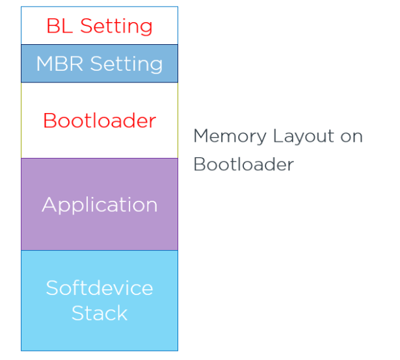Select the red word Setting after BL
[116, 27]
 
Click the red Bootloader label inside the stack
[100, 121]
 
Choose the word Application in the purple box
[100, 205]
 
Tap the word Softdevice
[100, 288]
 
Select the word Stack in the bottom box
[100, 313]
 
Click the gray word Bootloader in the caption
[243, 164]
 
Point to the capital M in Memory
[202, 136]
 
